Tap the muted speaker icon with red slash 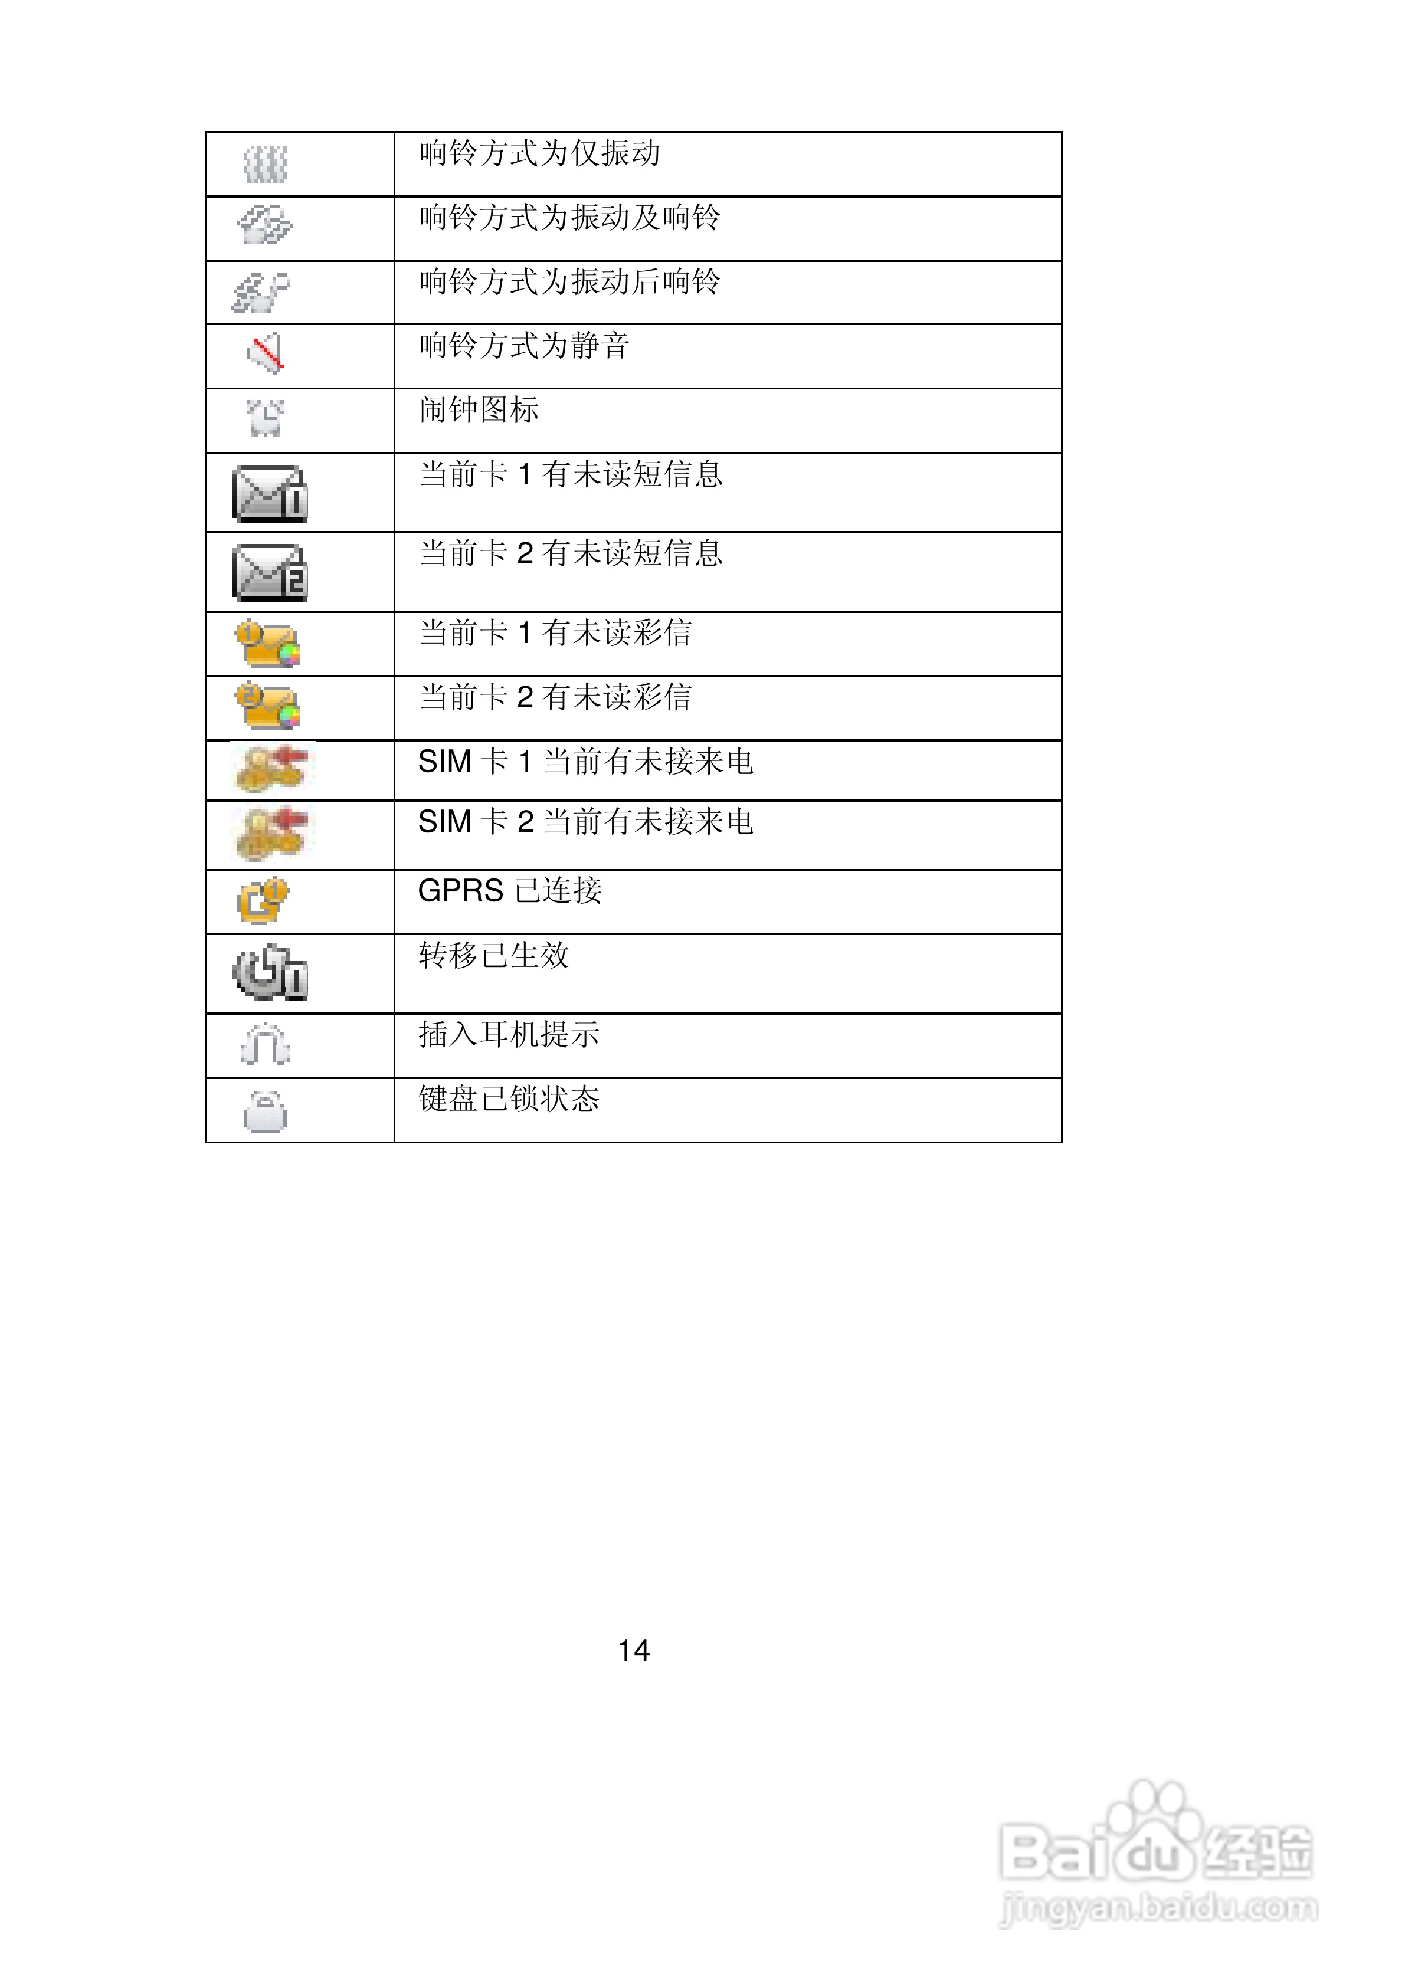(266, 353)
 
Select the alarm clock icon (265, 418)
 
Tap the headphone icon (265, 1045)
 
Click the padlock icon (265, 1111)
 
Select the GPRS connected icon (263, 901)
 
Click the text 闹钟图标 (479, 410)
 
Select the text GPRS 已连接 (509, 890)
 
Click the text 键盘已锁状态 (509, 1099)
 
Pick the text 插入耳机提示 (509, 1035)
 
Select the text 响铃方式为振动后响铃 (569, 282)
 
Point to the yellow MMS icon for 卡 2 (267, 706)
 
